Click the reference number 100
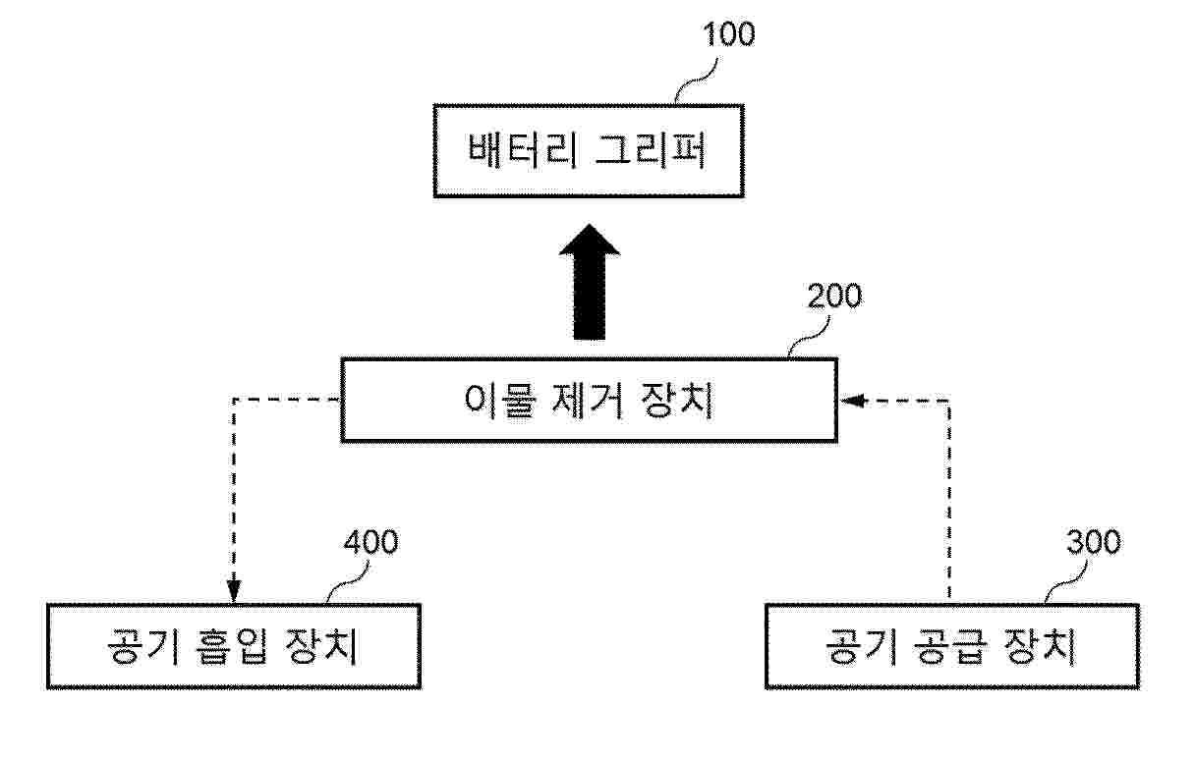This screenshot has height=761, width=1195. click(728, 35)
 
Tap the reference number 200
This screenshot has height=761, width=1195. click(833, 297)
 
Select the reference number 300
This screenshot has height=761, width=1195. click(1092, 542)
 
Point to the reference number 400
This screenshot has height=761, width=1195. click(370, 542)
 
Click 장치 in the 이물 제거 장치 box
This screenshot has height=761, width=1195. click(676, 401)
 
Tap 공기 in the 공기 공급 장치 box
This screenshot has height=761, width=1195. click(858, 646)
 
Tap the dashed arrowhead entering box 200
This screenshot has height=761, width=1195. click(850, 401)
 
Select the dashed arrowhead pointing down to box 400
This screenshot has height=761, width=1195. click(233, 591)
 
